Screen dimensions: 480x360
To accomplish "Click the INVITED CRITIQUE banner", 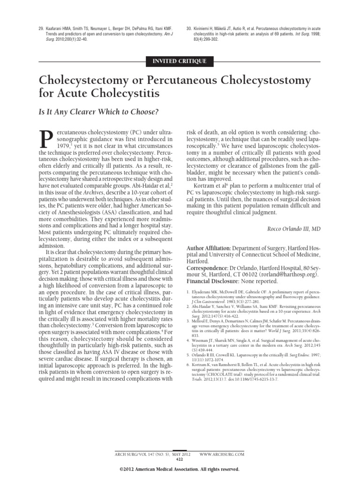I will click(180, 60).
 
